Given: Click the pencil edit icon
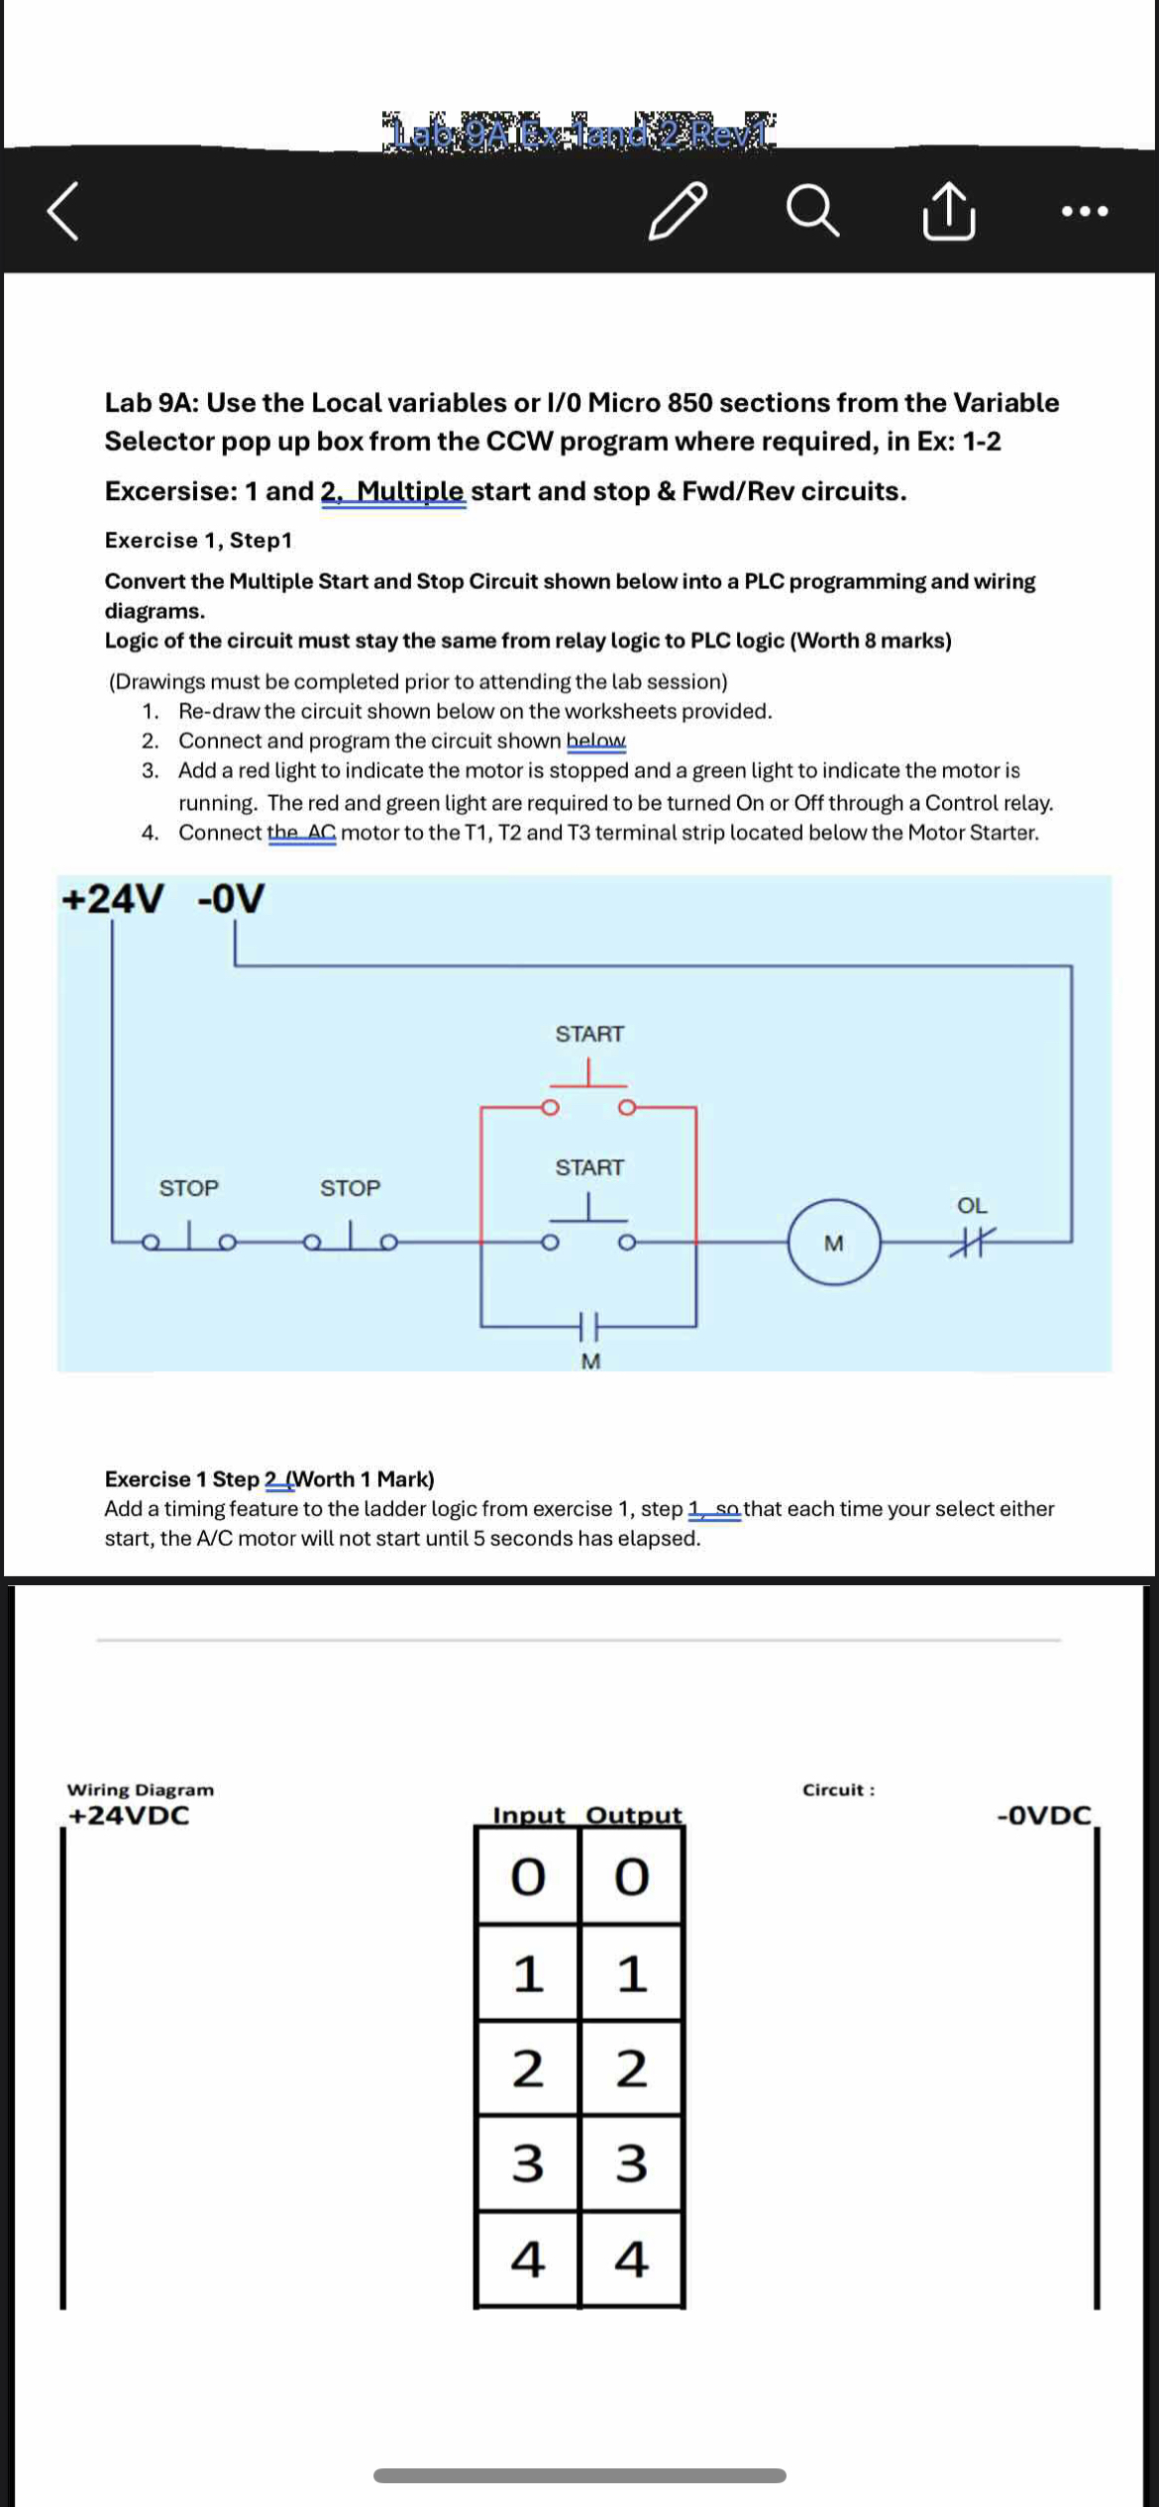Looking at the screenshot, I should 678,210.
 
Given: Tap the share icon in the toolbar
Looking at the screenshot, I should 948,210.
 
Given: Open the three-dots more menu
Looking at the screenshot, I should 1084,210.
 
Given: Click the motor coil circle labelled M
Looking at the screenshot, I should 834,1242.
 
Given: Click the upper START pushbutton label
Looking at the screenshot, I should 589,1034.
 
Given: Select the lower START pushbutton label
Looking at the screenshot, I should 589,1167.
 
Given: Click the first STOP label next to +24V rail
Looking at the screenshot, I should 188,1188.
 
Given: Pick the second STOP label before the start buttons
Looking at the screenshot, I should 350,1188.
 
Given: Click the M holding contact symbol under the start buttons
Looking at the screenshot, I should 589,1324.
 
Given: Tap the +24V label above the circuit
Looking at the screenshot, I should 112,899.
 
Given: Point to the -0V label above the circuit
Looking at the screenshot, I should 231,899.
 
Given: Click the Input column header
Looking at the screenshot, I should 528,1815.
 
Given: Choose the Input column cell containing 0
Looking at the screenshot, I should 528,1876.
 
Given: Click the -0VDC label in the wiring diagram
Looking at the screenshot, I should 1044,1815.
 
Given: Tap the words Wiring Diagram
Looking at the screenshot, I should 140,1789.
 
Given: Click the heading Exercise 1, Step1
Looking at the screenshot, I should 198,540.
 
